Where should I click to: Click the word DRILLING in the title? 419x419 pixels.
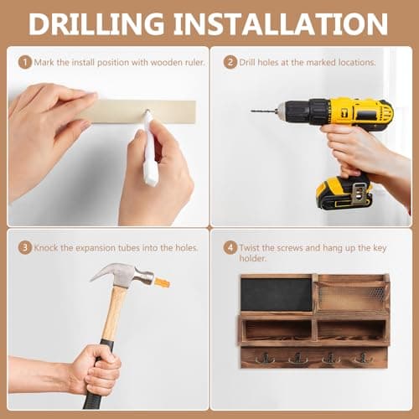[96, 24]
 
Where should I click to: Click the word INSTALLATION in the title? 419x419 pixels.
[281, 24]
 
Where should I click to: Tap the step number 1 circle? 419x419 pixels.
[25, 62]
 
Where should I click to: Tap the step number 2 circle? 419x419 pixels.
[230, 62]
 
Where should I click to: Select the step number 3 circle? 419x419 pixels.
[25, 248]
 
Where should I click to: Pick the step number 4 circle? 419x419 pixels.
[230, 248]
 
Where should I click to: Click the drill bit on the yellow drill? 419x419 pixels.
[264, 111]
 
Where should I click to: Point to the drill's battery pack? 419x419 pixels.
[344, 194]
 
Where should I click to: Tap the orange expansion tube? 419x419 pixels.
[162, 283]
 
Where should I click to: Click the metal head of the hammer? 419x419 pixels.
[123, 274]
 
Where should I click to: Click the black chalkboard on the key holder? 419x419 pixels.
[277, 294]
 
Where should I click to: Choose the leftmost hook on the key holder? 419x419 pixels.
[265, 359]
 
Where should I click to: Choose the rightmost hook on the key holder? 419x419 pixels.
[363, 359]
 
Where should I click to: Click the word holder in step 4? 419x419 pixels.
[252, 258]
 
